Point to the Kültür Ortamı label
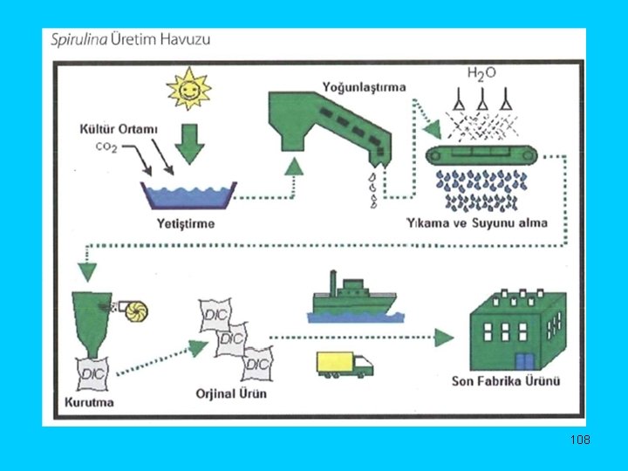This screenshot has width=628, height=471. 126,130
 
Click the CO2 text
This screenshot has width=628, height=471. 106,147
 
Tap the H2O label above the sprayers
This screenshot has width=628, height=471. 481,74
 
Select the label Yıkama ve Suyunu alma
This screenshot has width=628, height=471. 477,222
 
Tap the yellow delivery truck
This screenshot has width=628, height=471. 344,364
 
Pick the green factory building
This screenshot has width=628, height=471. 515,329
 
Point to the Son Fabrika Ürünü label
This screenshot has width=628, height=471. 506,380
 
